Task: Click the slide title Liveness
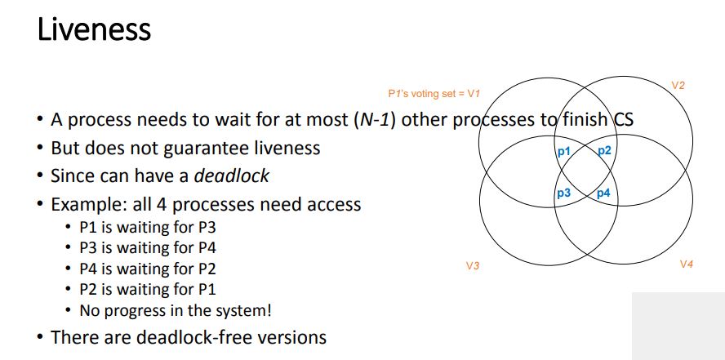[x=94, y=30]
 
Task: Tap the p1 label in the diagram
[x=563, y=151]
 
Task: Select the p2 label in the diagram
[x=604, y=151]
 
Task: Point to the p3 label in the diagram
[x=563, y=193]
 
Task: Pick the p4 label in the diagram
[x=604, y=193]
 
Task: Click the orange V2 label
[x=678, y=85]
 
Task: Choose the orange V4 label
[x=686, y=264]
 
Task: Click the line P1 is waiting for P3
[x=147, y=228]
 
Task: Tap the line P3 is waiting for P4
[x=147, y=248]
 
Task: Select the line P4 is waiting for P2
[x=147, y=269]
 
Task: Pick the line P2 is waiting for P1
[x=147, y=289]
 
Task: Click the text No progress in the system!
[x=175, y=310]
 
